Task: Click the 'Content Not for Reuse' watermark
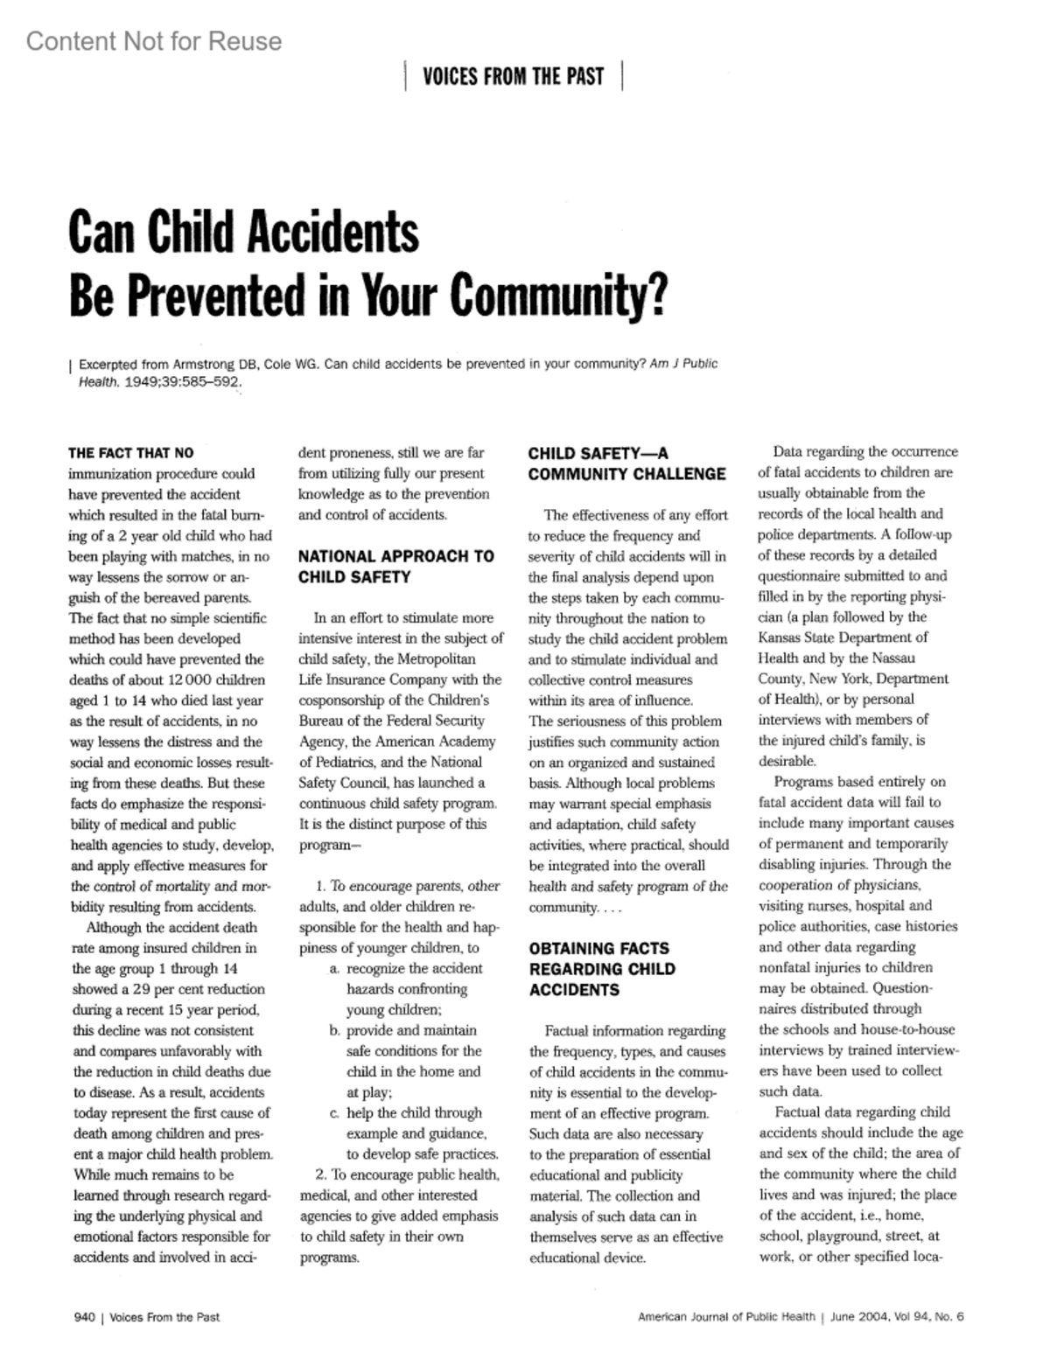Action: coord(154,41)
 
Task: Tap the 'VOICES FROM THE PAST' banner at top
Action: coord(513,77)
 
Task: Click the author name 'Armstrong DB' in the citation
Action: coord(208,364)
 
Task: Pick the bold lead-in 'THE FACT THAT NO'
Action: coord(131,453)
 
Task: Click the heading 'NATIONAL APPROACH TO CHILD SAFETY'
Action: coord(395,567)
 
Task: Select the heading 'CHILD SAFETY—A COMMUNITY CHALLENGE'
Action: coord(626,463)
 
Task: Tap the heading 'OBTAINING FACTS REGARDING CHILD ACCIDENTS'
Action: coord(602,969)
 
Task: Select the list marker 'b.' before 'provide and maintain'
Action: coord(335,1030)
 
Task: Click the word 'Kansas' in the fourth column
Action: coord(784,638)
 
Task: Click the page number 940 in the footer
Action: coord(83,1317)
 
